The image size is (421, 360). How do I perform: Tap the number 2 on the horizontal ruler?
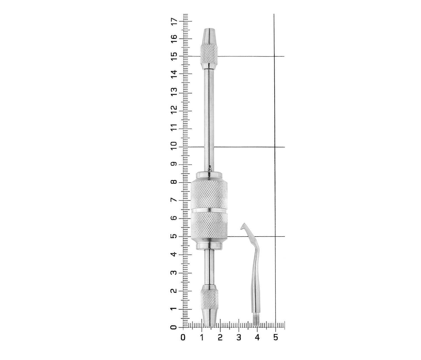[x=220, y=337]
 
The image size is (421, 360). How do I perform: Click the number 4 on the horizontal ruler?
[x=257, y=337]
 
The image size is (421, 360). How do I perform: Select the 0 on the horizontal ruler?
[x=183, y=337]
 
